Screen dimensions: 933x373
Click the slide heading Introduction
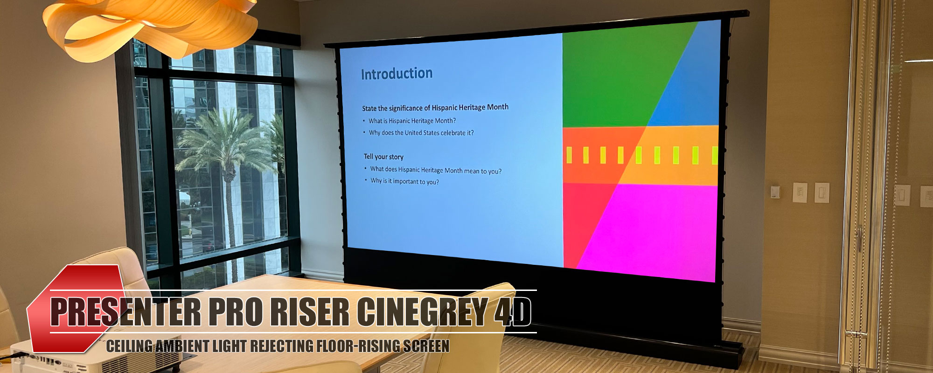[397, 74]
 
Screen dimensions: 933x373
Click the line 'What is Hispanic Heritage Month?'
[412, 121]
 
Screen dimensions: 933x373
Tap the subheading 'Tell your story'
[383, 157]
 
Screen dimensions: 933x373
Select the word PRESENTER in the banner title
[126, 312]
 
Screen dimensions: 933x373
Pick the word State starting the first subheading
[369, 108]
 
